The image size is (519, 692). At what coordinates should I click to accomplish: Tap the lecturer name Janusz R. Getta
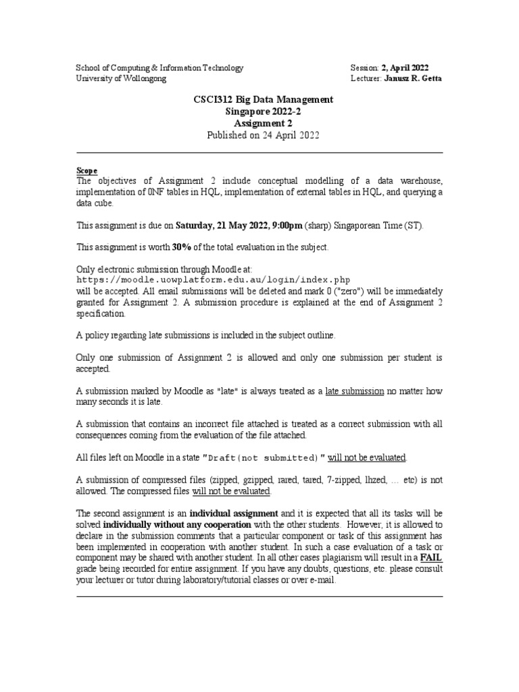404,78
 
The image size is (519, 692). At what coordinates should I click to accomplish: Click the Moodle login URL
214,279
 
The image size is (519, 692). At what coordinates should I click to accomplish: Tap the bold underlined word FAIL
432,558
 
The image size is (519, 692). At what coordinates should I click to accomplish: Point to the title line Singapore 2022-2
259,112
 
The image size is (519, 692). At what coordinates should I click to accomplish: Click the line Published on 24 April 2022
259,134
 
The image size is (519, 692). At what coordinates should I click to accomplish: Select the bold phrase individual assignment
233,513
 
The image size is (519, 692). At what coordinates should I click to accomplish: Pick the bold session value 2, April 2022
404,68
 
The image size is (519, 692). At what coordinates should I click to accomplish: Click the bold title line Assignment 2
259,123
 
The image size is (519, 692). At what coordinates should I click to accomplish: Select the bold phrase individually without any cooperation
177,524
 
